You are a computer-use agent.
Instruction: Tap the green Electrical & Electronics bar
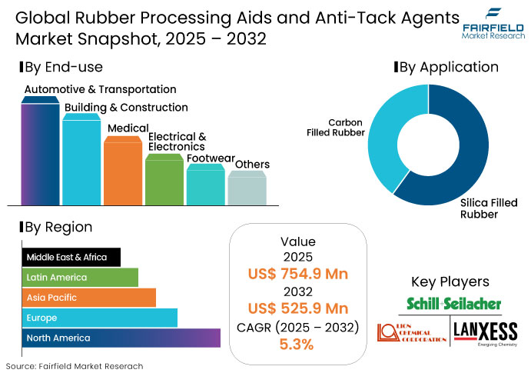click(x=164, y=181)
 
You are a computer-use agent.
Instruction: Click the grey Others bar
click(x=247, y=188)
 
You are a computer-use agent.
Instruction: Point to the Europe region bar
click(x=100, y=318)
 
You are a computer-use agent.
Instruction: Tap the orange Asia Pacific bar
click(x=89, y=298)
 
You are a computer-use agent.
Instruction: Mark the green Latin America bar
click(x=80, y=277)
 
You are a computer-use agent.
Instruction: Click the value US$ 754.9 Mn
click(x=297, y=273)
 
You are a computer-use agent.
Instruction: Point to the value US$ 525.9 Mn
click(x=297, y=308)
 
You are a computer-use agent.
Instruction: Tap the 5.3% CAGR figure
click(x=297, y=344)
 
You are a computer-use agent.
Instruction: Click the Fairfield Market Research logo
click(x=492, y=23)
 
